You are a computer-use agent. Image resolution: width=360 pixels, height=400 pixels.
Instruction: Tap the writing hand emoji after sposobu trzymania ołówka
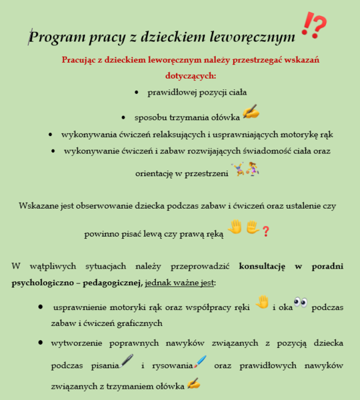(x=251, y=112)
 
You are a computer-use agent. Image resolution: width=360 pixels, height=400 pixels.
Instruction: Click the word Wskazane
(x=41, y=207)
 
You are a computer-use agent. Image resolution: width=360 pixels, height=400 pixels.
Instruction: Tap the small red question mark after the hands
(x=265, y=231)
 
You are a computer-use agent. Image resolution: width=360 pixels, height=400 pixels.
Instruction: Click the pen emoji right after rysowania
(x=200, y=361)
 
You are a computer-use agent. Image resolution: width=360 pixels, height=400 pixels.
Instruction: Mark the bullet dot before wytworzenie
(x=42, y=343)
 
